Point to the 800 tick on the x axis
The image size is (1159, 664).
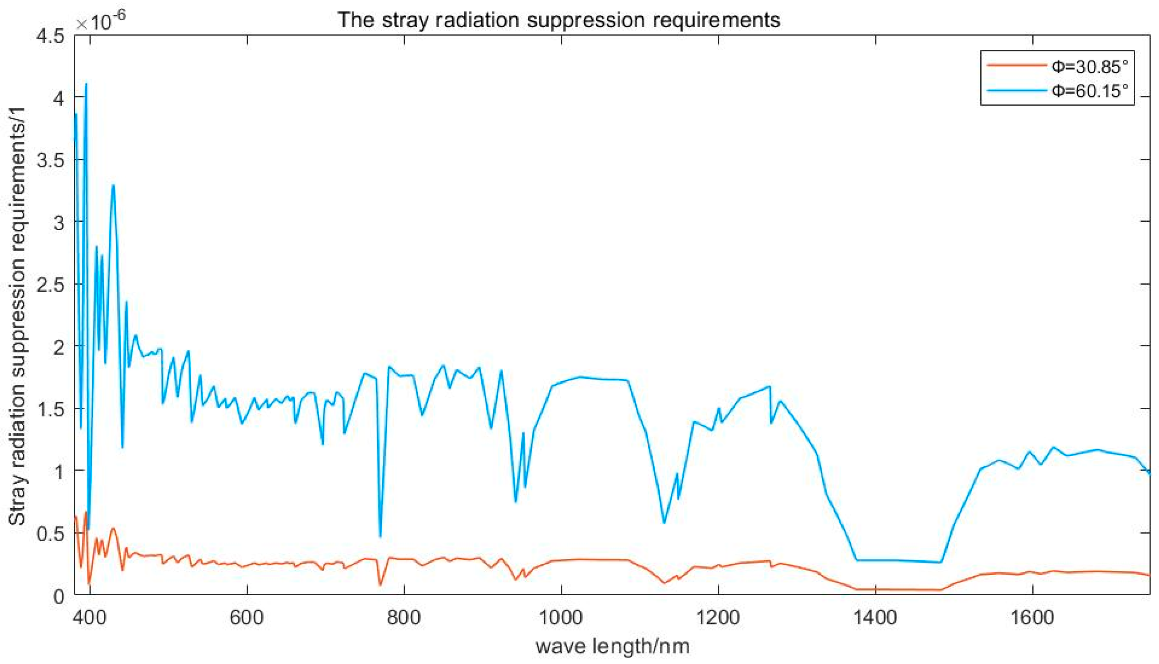(404, 617)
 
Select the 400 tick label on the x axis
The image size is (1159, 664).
(90, 617)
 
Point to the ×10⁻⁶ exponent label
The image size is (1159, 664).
(101, 21)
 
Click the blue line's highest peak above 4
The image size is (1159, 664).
(86, 84)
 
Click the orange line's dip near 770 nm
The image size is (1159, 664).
(380, 585)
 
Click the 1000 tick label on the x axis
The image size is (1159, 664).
(560, 617)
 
